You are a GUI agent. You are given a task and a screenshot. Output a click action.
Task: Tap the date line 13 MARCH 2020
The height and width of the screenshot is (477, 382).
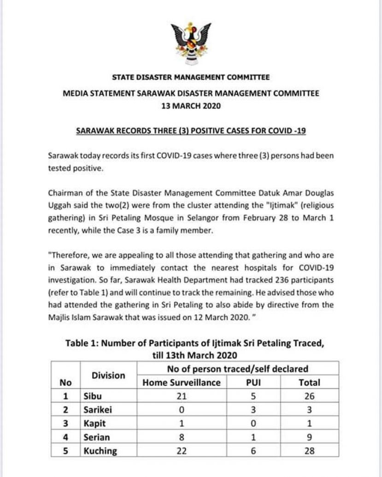[191, 106]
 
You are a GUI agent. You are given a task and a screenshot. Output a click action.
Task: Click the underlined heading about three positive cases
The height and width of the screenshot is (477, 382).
[191, 131]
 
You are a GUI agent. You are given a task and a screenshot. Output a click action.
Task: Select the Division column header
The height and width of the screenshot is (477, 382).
[108, 376]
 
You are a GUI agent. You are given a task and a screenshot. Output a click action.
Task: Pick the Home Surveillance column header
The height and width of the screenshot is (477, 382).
[182, 382]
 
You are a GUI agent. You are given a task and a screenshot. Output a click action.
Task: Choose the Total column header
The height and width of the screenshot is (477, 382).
[309, 382]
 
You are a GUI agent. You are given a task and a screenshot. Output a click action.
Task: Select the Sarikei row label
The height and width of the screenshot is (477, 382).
[97, 410]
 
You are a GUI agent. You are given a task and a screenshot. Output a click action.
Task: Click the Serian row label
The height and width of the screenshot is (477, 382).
[96, 437]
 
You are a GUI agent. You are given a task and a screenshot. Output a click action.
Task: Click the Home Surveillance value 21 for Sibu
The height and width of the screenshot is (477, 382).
[182, 396]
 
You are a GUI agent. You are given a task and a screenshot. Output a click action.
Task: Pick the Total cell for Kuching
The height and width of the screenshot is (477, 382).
[309, 451]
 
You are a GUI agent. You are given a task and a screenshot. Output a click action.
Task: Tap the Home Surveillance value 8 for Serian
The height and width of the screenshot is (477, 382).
[182, 437]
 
